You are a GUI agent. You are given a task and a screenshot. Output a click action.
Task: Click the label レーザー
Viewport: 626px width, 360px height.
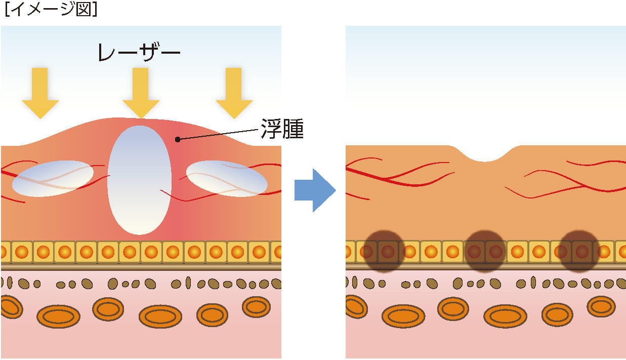(139, 52)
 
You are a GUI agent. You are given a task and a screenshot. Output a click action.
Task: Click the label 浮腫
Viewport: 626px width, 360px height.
(282, 129)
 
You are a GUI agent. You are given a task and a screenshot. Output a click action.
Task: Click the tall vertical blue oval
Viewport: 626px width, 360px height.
(140, 180)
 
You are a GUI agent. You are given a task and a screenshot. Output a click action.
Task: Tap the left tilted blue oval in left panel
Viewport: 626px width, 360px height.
(53, 178)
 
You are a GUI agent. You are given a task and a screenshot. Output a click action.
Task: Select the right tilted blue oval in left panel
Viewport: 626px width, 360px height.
(227, 178)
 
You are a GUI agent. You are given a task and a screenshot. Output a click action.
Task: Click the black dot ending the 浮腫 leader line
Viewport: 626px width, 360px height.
(177, 139)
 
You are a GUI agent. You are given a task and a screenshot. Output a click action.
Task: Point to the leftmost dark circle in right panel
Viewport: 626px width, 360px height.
(385, 251)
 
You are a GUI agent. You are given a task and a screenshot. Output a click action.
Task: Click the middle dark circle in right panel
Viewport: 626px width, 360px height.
(485, 251)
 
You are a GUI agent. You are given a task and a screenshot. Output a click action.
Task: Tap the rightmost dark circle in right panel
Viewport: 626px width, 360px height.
(579, 251)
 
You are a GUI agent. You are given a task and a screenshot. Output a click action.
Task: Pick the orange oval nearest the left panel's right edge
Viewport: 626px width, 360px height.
(256, 306)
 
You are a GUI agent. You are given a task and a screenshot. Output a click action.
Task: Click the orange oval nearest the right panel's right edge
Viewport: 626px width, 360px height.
(601, 306)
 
